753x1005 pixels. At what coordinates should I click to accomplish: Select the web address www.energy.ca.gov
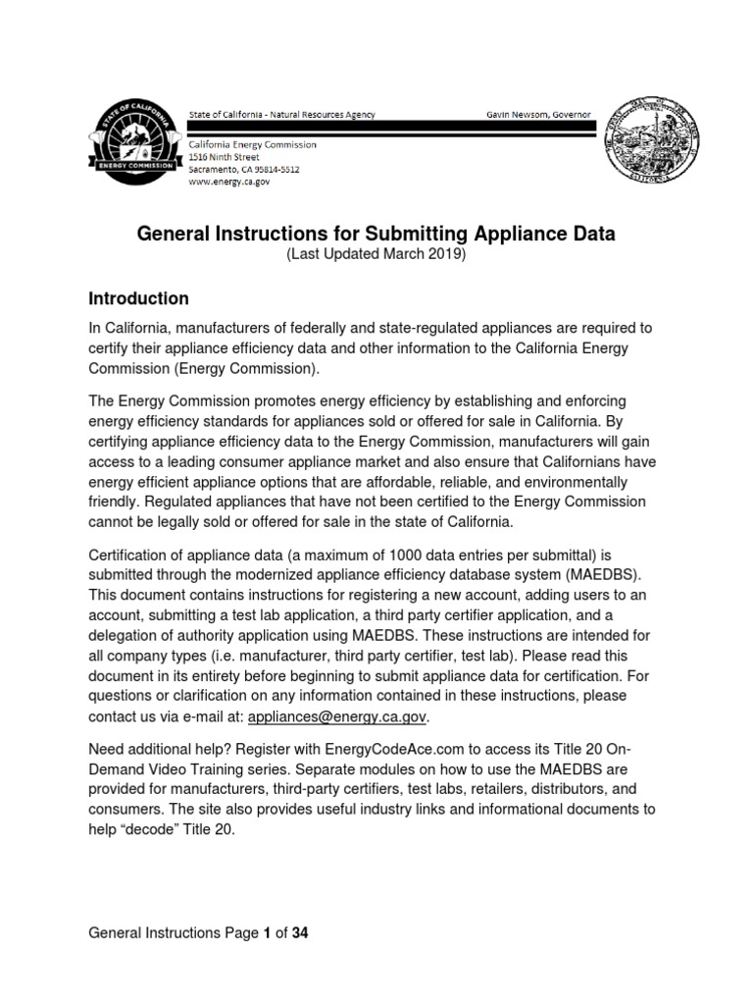[229, 182]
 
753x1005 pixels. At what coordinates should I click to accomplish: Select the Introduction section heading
[138, 297]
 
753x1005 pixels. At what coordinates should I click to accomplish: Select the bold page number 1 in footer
[266, 933]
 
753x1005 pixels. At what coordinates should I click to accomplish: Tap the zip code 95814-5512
[274, 169]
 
